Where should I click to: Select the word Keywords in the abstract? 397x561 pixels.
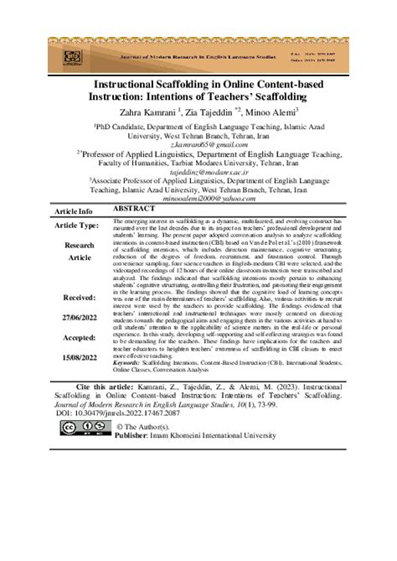(129, 385)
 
